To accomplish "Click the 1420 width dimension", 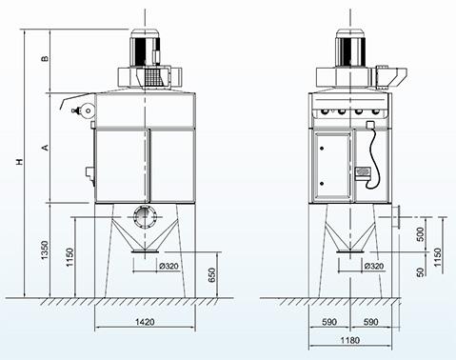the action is click(x=145, y=322).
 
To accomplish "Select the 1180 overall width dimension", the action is click(x=350, y=340).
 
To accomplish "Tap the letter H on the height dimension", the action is click(x=20, y=162).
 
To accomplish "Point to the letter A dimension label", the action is click(x=46, y=148).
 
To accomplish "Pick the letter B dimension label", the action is click(x=46, y=58).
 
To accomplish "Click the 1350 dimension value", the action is click(x=45, y=250).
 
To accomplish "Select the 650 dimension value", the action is click(x=211, y=275).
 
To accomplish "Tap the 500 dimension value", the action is click(x=420, y=234).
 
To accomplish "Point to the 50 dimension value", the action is click(x=420, y=272).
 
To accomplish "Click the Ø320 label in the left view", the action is click(x=169, y=266).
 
